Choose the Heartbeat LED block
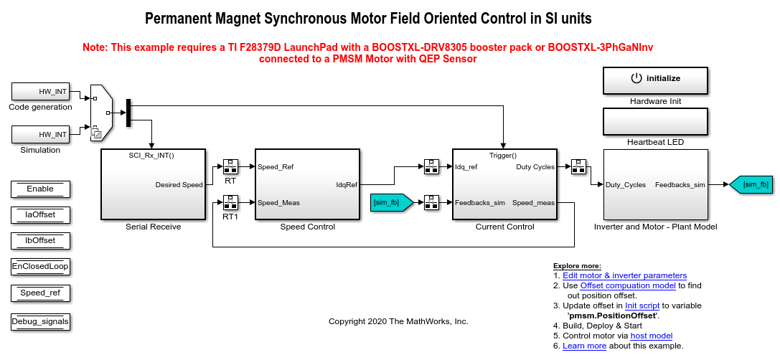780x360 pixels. [655, 122]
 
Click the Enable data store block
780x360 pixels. [40, 189]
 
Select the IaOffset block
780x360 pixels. [40, 214]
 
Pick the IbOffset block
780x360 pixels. [40, 240]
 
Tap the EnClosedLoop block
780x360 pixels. [40, 266]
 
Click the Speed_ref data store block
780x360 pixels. [40, 293]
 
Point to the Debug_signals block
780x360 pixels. [40, 322]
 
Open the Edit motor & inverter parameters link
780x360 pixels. [624, 275]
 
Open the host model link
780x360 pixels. [652, 336]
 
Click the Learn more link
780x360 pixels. [584, 346]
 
